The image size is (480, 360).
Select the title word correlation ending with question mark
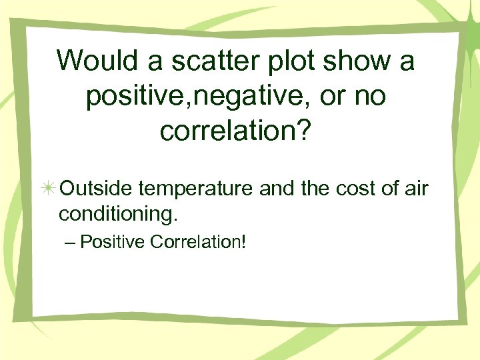tap(227, 132)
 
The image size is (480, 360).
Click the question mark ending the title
tap(303, 132)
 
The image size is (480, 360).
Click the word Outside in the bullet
tap(96, 189)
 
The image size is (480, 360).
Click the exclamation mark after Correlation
tap(243, 241)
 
